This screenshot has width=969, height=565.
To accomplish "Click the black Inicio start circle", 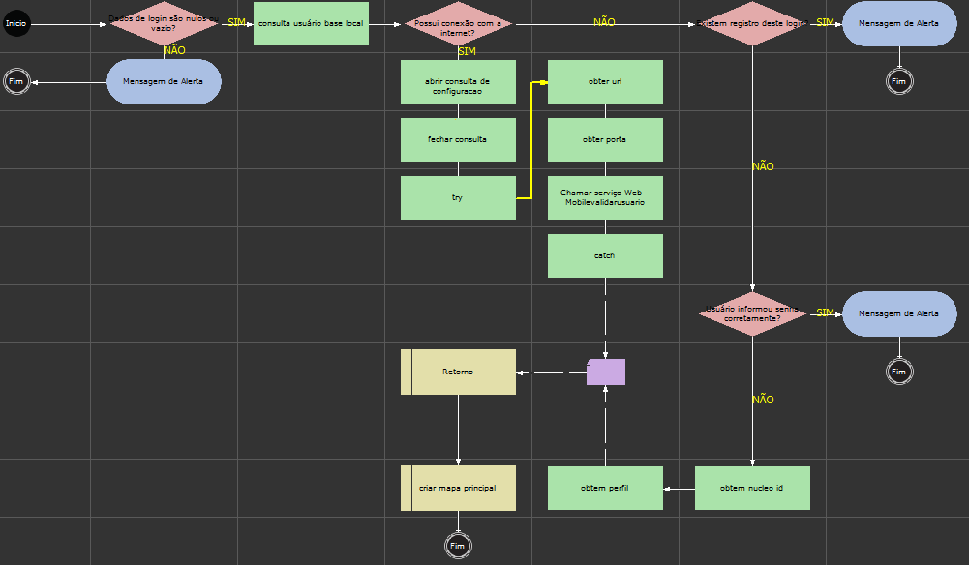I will (x=16, y=23).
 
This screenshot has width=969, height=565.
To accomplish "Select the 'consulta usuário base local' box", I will (x=311, y=23).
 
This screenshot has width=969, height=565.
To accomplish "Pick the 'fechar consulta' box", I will (x=458, y=139).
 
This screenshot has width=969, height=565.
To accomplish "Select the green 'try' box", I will (x=458, y=197).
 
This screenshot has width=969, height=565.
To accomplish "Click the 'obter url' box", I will (x=605, y=82).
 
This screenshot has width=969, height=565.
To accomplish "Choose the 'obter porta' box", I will (x=605, y=139).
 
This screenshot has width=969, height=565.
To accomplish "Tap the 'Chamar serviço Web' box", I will (x=605, y=197).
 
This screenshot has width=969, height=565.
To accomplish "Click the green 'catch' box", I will (x=605, y=255).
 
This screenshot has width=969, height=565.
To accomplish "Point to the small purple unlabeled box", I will (x=606, y=372).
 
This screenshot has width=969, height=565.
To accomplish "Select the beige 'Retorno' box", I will (x=458, y=372).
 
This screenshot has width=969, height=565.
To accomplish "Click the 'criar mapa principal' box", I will (x=458, y=488).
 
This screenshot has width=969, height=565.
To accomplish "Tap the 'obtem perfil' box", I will (x=605, y=488).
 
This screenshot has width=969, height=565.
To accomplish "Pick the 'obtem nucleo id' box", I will (x=752, y=488).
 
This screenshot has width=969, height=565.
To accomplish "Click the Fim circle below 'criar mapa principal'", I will (x=458, y=546).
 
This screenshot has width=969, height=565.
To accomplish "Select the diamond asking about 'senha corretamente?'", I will (x=752, y=313).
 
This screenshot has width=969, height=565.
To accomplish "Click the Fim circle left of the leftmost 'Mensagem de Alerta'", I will (x=16, y=81).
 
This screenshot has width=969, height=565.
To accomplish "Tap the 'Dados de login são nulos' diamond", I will (x=164, y=23).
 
